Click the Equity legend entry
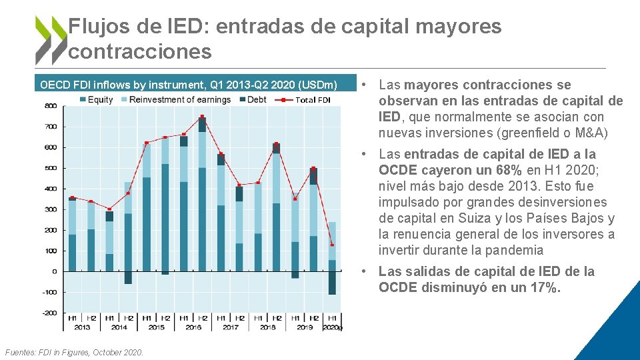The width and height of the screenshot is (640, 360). click(96, 100)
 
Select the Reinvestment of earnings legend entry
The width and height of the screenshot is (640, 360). click(174, 100)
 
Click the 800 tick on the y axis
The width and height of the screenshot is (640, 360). click(50, 106)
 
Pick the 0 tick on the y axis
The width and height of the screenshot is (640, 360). click(53, 271)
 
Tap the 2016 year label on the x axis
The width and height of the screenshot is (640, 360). click(193, 327)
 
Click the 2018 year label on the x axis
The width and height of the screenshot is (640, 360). click(267, 327)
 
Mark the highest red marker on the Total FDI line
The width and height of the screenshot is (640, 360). click(202, 117)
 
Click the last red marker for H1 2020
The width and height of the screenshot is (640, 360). click(332, 245)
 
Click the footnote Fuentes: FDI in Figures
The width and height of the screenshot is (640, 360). click(73, 352)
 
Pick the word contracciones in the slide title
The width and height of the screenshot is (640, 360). click(140, 51)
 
